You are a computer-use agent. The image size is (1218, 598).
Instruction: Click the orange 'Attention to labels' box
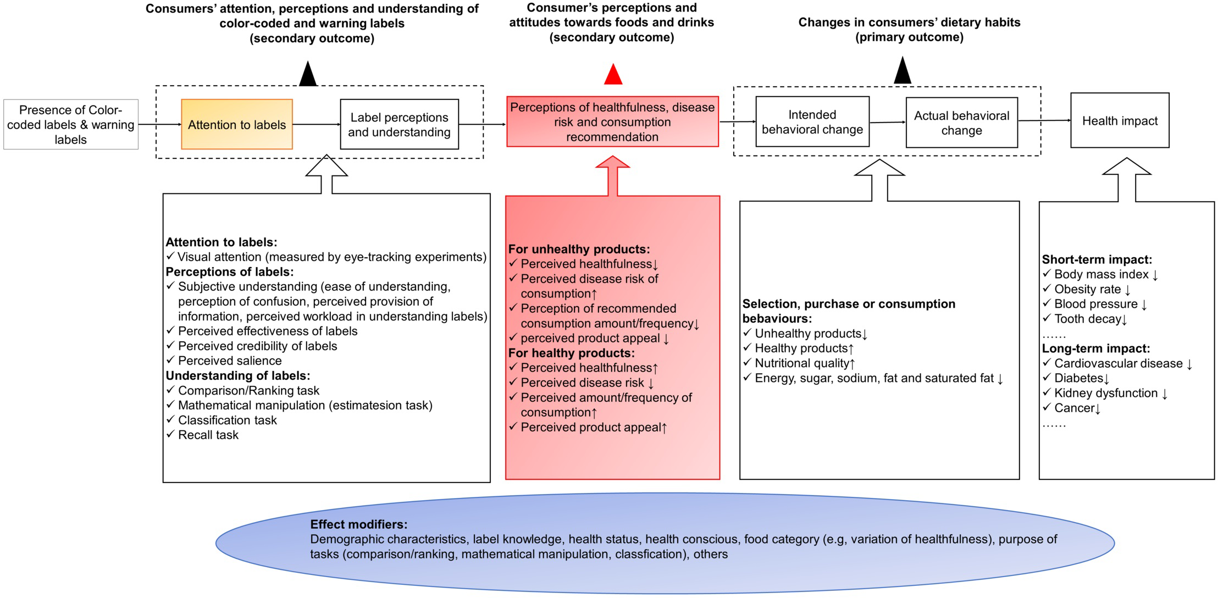(237, 125)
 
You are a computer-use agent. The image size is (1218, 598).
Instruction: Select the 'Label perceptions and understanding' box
(399, 125)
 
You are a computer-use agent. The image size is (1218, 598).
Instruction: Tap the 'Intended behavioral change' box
(812, 122)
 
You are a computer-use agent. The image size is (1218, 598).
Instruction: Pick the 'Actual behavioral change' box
(961, 123)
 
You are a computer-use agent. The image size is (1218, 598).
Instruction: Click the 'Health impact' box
(1120, 121)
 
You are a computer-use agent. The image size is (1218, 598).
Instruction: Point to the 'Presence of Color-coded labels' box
(70, 125)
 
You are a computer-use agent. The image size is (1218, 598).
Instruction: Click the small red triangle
(613, 75)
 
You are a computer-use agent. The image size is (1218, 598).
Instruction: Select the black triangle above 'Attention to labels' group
(308, 75)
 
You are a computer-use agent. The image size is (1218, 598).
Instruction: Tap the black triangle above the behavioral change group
(903, 71)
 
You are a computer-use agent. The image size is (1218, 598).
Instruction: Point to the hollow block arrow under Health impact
(1127, 179)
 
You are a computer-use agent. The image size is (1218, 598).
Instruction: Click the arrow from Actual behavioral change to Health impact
(1044, 120)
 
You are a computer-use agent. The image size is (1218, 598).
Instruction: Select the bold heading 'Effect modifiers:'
(358, 524)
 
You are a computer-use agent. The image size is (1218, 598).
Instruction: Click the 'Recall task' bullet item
(208, 435)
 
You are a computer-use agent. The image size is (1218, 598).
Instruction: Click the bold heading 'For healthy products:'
(571, 353)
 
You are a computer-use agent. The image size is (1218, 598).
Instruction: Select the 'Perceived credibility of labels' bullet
(257, 346)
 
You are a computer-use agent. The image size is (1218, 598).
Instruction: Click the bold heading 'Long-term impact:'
(1095, 348)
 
